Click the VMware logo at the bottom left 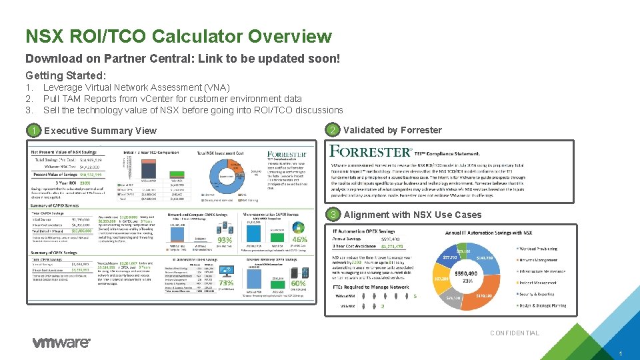coord(61,343)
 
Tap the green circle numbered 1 coord(33,131)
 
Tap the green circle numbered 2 coord(333,130)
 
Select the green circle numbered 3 coord(333,215)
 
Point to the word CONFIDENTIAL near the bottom coord(515,333)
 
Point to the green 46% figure coord(299,239)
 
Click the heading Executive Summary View coord(100,131)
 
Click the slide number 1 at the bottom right coord(619,353)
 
